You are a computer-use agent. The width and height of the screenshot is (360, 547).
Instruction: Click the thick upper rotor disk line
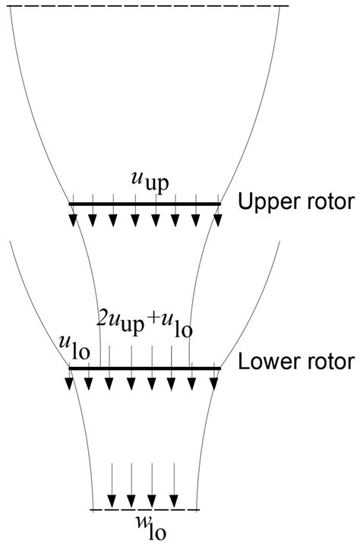click(x=144, y=204)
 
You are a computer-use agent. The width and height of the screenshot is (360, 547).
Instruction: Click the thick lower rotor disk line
click(x=144, y=368)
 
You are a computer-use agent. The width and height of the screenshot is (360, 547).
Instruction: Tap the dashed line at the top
click(x=144, y=6)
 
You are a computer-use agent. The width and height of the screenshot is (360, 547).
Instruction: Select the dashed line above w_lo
click(x=144, y=509)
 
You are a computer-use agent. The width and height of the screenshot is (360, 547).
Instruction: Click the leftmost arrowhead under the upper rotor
click(x=73, y=220)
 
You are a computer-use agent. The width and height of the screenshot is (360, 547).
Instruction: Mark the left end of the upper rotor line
click(x=70, y=204)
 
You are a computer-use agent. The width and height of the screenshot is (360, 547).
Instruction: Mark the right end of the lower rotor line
click(x=219, y=368)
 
